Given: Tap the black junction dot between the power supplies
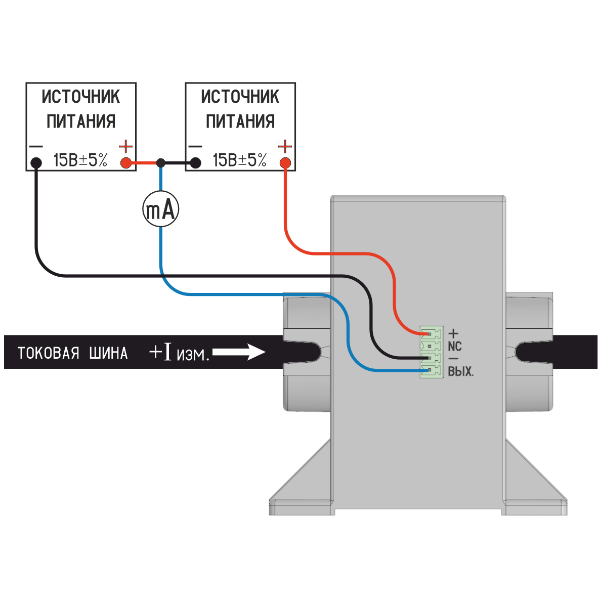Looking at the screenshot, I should (x=161, y=163).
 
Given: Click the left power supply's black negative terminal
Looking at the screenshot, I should (x=36, y=163).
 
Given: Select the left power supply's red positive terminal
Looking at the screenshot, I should (x=125, y=163).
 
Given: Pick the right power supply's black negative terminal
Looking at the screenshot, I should (x=195, y=163).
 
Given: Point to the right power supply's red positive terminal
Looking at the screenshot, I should (x=285, y=163).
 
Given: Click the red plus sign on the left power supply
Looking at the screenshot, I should (x=125, y=147).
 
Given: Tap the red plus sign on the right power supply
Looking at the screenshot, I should (x=285, y=147).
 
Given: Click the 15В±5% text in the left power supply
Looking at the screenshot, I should (x=80, y=160).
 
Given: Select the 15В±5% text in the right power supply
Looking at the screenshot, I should (x=240, y=160).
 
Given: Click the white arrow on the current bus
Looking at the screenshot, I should (x=239, y=352).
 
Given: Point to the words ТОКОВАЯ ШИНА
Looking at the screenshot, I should (x=72, y=353).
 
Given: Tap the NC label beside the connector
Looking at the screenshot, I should (x=455, y=347).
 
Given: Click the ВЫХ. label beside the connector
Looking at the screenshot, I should (x=460, y=371).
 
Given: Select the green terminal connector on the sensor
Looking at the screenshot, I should (x=431, y=352).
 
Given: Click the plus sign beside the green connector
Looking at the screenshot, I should (x=453, y=333).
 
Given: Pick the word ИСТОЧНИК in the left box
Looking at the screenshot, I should (x=81, y=96).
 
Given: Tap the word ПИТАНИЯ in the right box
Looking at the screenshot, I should (x=240, y=121).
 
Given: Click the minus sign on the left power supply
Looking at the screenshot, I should (x=36, y=147).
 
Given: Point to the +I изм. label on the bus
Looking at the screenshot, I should (x=179, y=353).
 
